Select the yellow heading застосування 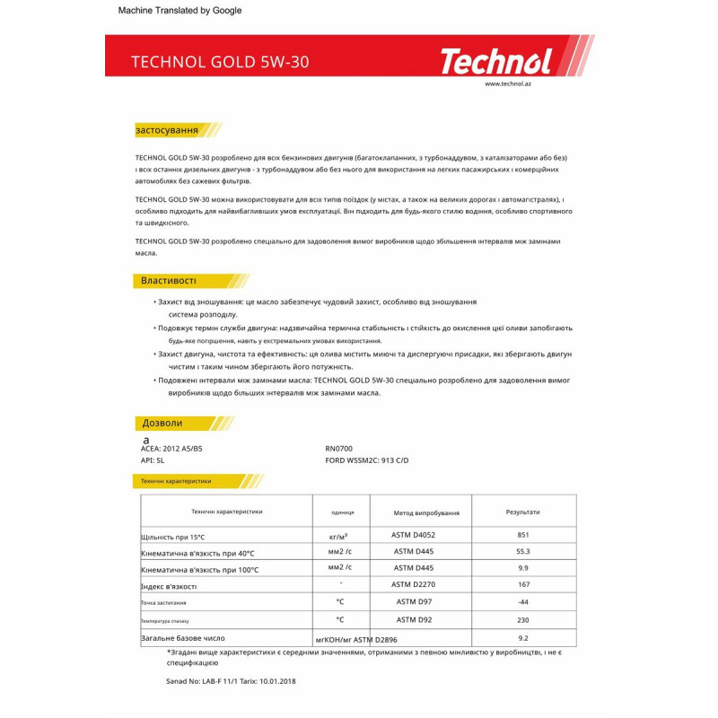click(166, 130)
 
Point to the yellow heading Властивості click(168, 281)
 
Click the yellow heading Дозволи click(162, 423)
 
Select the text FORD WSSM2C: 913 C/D click(366, 460)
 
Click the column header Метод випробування click(426, 512)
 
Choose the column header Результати click(522, 512)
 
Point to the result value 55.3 click(522, 552)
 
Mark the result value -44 click(522, 602)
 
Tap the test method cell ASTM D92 click(415, 619)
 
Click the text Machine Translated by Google click(180, 11)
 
